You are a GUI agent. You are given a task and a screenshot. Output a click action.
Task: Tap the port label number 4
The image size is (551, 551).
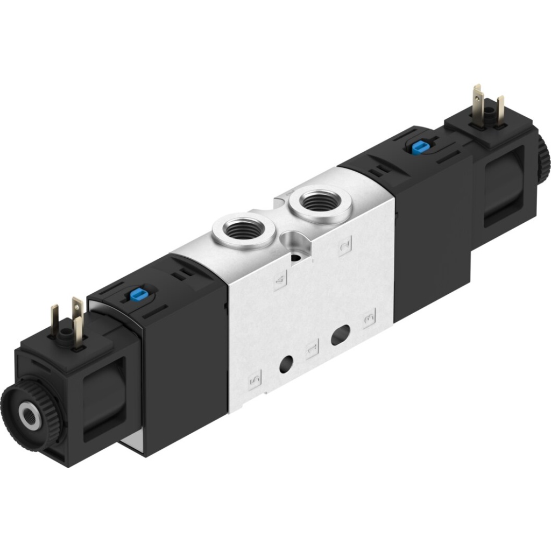pyautogui.click(x=280, y=279)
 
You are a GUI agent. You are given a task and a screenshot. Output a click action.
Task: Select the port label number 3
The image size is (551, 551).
pyautogui.click(x=369, y=319)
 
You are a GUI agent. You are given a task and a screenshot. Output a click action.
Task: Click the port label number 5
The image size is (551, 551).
pyautogui.click(x=255, y=379)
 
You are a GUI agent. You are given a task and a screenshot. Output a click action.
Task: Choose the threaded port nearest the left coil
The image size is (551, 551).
pyautogui.click(x=244, y=232)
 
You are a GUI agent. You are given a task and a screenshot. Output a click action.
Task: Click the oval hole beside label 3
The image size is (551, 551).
pyautogui.click(x=341, y=334)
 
